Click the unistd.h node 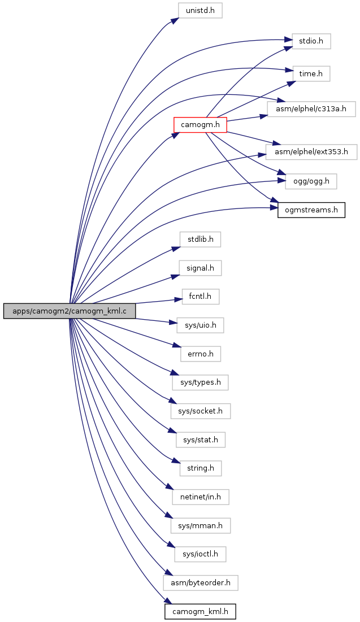[200, 10]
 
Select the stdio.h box [311, 42]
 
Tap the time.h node [311, 74]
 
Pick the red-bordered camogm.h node [200, 125]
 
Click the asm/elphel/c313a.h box [311, 108]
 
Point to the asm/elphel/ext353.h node [311, 152]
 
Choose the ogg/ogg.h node [311, 181]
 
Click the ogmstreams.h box [311, 210]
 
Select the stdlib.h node [200, 240]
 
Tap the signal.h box [200, 268]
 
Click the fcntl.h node [201, 297]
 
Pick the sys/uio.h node [200, 325]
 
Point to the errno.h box [201, 354]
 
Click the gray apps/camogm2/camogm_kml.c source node [70, 311]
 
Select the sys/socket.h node [201, 411]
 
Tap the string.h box [201, 468]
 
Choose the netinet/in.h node [201, 497]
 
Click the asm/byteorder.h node [201, 582]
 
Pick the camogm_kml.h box [200, 611]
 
